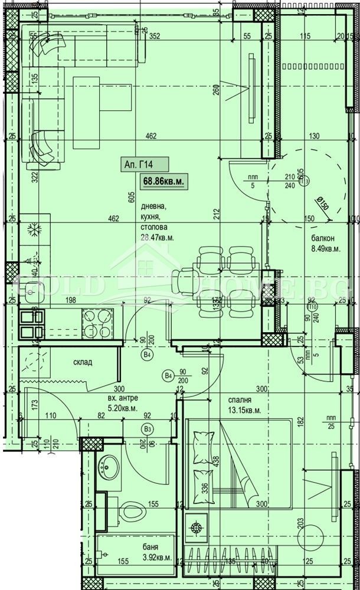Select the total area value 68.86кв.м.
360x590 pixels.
tap(162, 182)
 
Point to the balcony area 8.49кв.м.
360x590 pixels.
tap(326, 248)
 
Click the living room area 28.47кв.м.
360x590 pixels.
tap(157, 237)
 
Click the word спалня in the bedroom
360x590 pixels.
tap(240, 399)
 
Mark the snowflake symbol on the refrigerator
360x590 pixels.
tap(34, 231)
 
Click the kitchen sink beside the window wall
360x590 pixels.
tap(30, 289)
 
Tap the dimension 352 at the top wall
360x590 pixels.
tap(155, 36)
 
